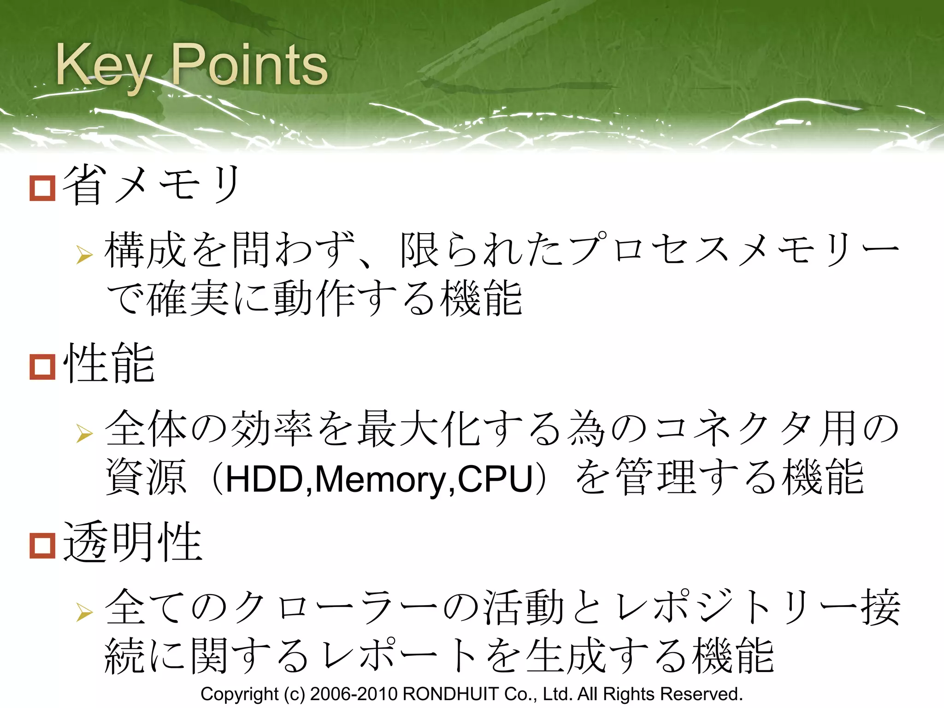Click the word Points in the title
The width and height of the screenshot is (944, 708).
(249, 65)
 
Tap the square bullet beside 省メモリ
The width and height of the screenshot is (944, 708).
(42, 188)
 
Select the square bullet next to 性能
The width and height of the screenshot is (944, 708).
(42, 367)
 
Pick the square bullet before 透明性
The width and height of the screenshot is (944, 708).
(42, 546)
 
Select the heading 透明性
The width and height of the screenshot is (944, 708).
(133, 543)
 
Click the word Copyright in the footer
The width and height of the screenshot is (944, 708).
(239, 694)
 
